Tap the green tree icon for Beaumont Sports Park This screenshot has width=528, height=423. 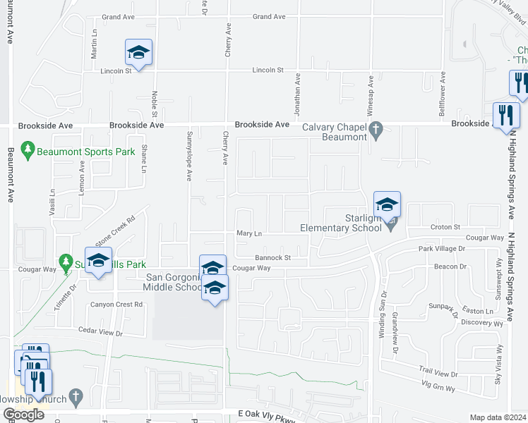[x=28, y=150]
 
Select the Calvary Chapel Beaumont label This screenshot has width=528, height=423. [x=335, y=132]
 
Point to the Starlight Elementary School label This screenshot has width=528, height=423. [x=342, y=223]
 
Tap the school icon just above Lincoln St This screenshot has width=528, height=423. [x=139, y=52]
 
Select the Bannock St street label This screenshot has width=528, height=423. [x=273, y=258]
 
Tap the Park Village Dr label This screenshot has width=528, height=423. [x=442, y=249]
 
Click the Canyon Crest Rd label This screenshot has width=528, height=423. [x=116, y=305]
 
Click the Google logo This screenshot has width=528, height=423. [x=24, y=415]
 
